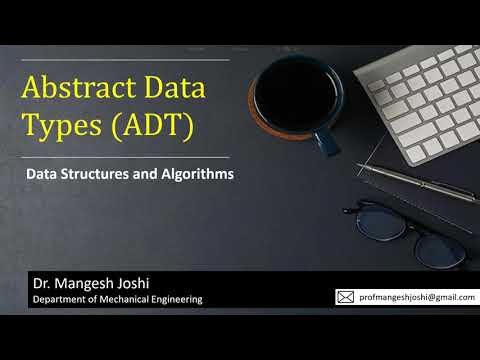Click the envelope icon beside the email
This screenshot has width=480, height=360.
(x=345, y=297)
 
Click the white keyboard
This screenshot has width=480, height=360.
(x=420, y=100)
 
